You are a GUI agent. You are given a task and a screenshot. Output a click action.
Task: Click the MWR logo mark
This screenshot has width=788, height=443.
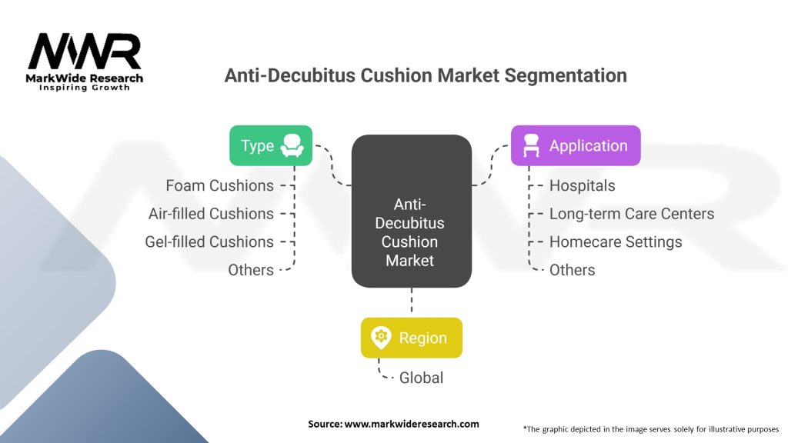click(x=85, y=52)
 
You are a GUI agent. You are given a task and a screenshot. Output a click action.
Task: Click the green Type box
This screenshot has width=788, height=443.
click(x=271, y=145)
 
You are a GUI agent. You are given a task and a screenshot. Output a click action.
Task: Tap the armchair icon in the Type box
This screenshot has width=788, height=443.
click(x=292, y=145)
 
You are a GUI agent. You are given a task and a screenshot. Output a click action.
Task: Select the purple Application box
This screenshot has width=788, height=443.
click(x=576, y=145)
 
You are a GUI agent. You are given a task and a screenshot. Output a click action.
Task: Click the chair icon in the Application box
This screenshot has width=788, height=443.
click(x=531, y=145)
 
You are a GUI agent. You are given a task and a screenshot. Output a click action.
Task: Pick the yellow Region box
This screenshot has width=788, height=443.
click(x=412, y=338)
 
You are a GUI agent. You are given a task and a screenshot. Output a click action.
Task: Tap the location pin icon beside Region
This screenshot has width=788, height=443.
click(x=381, y=338)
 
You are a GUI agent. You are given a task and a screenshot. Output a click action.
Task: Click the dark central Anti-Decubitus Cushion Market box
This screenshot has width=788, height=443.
click(x=412, y=211)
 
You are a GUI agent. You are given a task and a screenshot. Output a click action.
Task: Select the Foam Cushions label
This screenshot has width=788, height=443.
click(x=219, y=185)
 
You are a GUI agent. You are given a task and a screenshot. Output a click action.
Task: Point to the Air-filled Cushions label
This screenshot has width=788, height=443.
click(x=211, y=214)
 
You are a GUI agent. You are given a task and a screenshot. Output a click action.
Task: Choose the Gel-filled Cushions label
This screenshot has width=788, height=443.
click(x=209, y=241)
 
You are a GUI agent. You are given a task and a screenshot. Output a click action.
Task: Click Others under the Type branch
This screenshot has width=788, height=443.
click(x=251, y=270)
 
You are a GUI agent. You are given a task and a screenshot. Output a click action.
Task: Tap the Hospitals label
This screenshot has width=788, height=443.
click(x=582, y=185)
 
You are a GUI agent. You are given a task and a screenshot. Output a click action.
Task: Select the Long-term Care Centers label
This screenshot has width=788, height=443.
click(x=632, y=214)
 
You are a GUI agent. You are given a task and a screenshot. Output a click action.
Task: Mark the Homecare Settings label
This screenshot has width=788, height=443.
click(x=616, y=241)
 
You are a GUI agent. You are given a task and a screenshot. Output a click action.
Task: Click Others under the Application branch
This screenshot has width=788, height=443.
click(x=572, y=270)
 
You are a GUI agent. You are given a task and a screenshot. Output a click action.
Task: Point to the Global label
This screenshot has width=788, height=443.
click(x=421, y=378)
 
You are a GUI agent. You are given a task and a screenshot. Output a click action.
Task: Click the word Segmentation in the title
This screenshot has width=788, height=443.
click(x=566, y=75)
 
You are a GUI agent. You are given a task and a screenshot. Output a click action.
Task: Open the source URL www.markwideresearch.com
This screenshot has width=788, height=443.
click(x=412, y=424)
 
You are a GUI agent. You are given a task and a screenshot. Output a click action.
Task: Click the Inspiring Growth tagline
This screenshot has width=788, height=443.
click(x=85, y=88)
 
